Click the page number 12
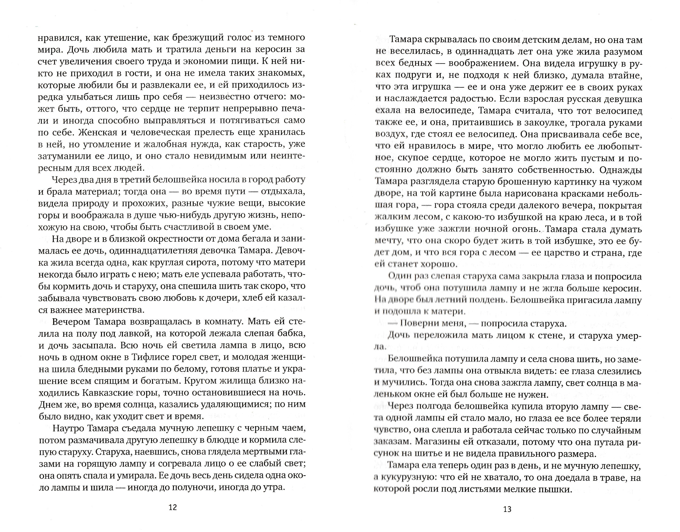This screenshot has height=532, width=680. click(x=173, y=507)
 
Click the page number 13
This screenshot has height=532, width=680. click(x=507, y=509)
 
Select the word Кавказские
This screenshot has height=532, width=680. click(x=108, y=392)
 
